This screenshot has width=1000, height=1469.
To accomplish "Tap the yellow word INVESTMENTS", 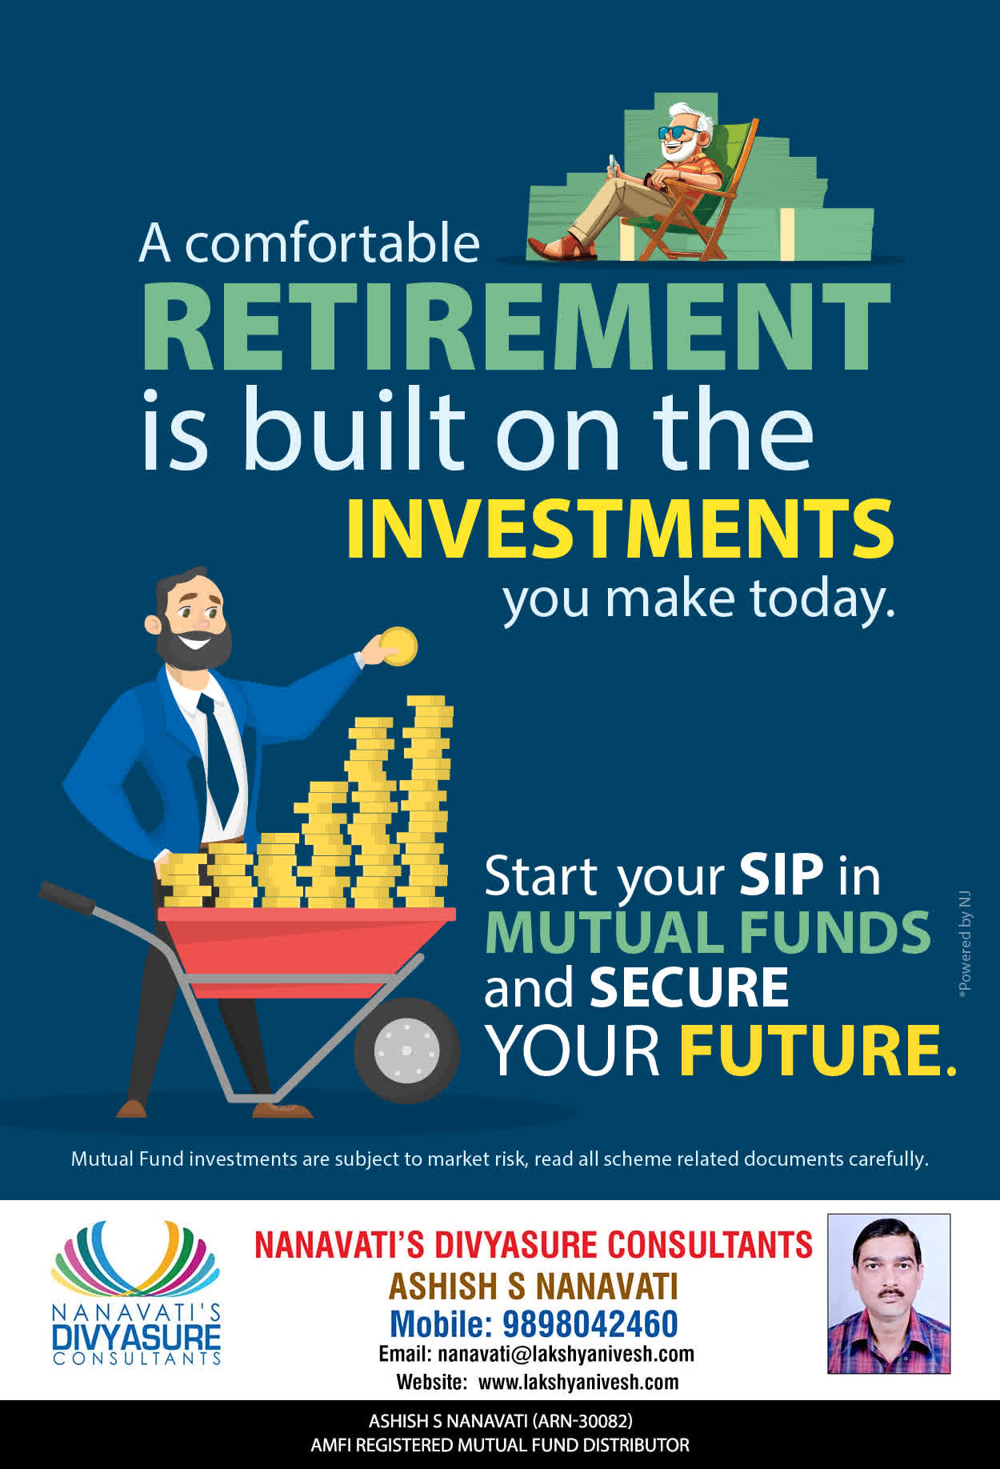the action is [620, 528].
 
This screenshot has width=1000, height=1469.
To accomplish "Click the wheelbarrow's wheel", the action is [406, 1050].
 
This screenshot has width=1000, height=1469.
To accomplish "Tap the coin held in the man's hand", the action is [398, 646].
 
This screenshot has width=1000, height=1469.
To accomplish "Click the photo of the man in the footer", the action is [889, 1294].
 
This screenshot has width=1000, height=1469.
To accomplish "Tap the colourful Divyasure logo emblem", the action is [135, 1258].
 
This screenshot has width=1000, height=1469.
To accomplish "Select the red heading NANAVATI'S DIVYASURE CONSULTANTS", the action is [534, 1245].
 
